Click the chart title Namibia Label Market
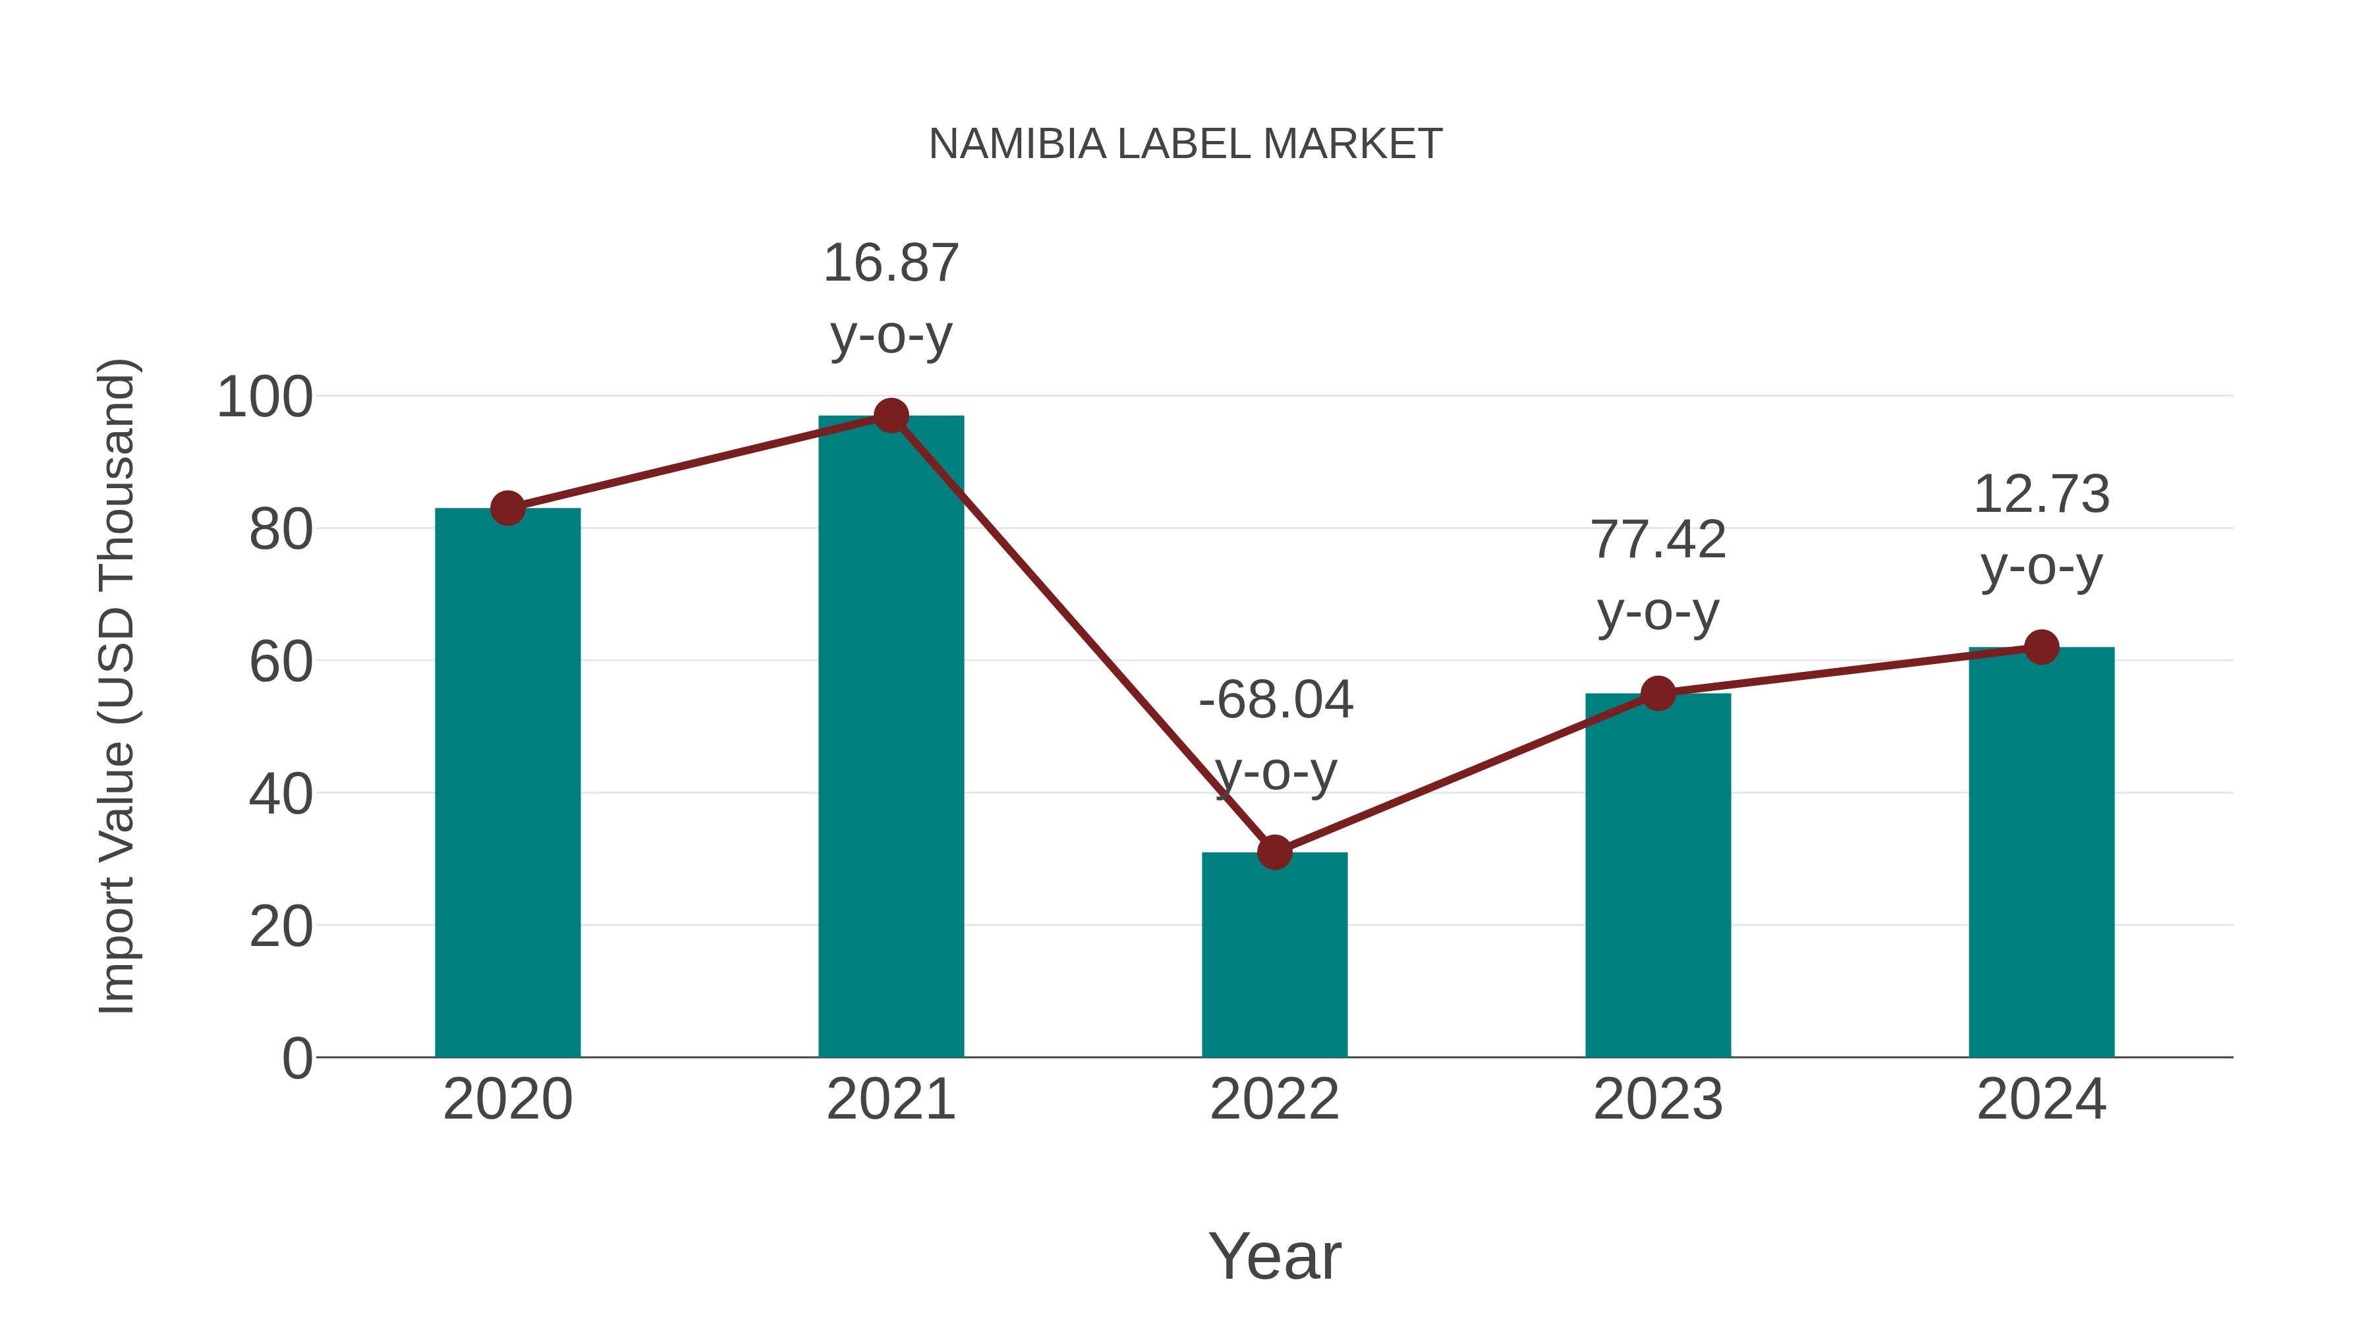point(1185,144)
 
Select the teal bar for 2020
point(507,783)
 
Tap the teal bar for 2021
point(890,736)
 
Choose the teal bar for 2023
point(1658,875)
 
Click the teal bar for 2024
point(2041,852)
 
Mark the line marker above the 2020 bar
point(507,507)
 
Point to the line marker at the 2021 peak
point(890,416)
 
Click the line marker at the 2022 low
point(1274,852)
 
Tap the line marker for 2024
point(2041,647)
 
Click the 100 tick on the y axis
point(265,398)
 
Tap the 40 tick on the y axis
point(281,794)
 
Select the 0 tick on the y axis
point(296,1058)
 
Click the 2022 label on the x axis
point(1274,1099)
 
